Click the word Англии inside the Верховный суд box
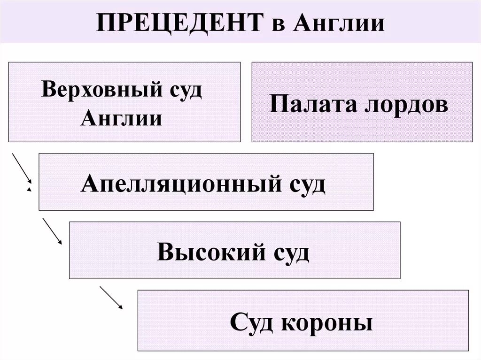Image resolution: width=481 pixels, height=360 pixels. coord(122,117)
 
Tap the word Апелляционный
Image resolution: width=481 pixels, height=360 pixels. coord(177,184)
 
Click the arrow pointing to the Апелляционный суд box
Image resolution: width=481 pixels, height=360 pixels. coord(22,168)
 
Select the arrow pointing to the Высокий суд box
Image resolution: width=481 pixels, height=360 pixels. coord(52,230)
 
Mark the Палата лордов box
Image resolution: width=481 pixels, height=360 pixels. coord(362,102)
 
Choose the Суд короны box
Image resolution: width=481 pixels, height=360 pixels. coord(303,320)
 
